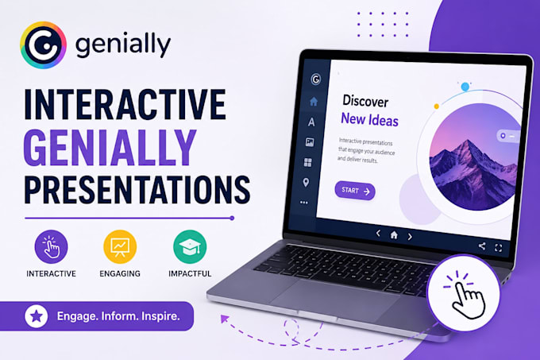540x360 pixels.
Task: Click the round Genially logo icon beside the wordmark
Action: coord(44,45)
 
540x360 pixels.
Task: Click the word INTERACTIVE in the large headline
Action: coord(125,104)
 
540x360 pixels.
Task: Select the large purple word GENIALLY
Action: coord(110,149)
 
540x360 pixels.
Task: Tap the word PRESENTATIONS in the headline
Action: coord(137,190)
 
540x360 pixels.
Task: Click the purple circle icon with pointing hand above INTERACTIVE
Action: coord(51,246)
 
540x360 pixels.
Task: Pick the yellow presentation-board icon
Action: coord(120,246)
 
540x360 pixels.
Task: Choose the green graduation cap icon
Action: coord(190,246)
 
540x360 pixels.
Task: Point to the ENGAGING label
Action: coord(120,273)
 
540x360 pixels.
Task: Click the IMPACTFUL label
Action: coord(190,273)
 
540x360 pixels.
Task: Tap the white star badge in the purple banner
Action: coord(37,316)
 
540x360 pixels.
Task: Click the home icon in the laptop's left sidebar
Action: coord(314,101)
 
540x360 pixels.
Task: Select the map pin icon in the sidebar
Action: coord(306,183)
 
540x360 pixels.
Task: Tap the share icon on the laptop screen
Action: coord(482,246)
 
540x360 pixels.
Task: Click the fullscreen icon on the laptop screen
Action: coord(499,248)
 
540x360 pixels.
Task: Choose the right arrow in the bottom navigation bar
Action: coord(410,237)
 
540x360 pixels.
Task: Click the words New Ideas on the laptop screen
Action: coord(369,120)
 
